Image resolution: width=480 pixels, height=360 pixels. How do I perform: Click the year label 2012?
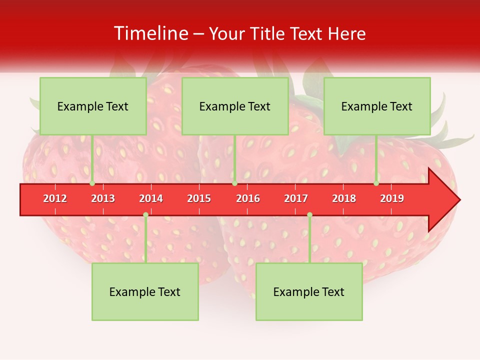(x=55, y=198)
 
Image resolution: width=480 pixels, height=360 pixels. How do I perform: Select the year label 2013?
(x=103, y=198)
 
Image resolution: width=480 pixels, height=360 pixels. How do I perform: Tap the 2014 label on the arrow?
(x=151, y=198)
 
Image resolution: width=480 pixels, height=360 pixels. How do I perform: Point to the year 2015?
(x=199, y=198)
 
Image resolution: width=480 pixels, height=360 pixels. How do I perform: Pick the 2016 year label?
(x=248, y=198)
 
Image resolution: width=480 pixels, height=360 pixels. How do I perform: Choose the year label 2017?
(x=296, y=198)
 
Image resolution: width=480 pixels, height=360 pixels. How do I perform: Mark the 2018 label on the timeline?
(x=344, y=198)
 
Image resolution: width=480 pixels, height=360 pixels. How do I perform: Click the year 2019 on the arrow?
(x=392, y=198)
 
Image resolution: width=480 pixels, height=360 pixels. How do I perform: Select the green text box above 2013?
(x=93, y=106)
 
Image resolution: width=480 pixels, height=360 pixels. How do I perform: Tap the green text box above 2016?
(x=235, y=106)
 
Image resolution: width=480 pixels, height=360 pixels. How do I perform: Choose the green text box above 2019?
(x=377, y=106)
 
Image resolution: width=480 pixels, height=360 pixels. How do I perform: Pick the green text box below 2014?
(x=145, y=291)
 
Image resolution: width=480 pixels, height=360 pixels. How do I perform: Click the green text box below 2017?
(x=309, y=291)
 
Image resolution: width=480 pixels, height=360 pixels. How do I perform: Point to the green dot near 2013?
(x=92, y=183)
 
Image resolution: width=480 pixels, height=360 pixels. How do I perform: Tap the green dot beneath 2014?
(x=145, y=214)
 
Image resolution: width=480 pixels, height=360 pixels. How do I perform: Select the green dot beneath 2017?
(x=309, y=214)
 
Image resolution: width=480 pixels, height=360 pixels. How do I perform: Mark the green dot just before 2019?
(x=376, y=183)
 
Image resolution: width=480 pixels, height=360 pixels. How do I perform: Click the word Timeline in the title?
(x=150, y=33)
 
